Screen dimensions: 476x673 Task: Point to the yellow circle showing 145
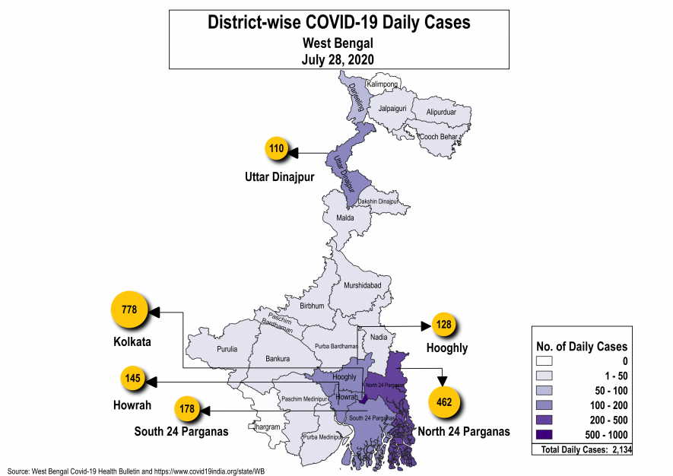click(131, 378)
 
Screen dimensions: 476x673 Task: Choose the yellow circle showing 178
click(187, 409)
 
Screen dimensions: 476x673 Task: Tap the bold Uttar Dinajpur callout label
click(279, 177)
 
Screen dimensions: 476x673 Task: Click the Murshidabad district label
click(362, 285)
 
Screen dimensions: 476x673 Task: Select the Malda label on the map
click(345, 217)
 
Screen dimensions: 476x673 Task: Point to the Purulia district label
click(227, 349)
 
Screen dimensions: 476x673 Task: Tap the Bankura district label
click(278, 358)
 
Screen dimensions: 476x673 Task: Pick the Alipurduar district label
click(441, 112)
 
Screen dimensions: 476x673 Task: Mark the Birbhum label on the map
click(312, 306)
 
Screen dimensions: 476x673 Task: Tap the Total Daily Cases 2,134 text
click(583, 450)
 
